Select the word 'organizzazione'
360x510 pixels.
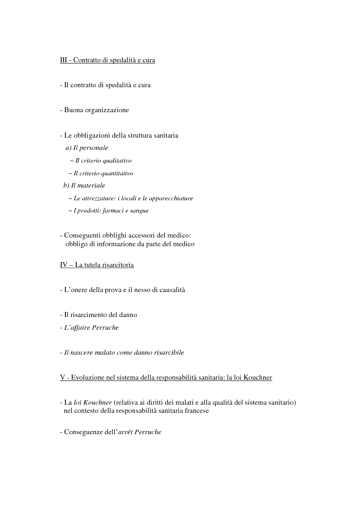point(107,110)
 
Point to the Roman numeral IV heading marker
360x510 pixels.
point(64,264)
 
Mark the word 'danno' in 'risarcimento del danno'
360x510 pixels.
point(128,314)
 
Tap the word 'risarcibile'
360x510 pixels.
point(168,352)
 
